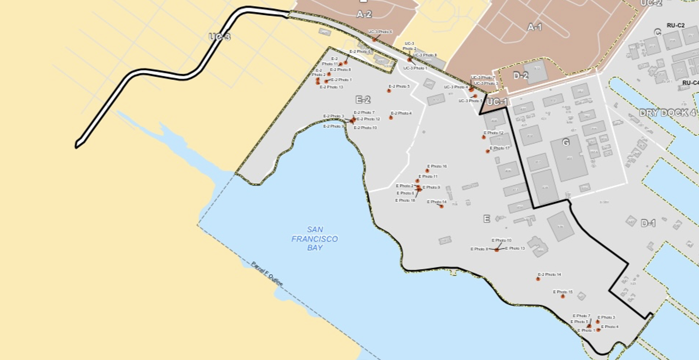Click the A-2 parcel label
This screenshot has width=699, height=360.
coord(364,14)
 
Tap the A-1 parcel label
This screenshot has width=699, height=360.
coord(535,28)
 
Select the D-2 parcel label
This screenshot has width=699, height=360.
coord(520,76)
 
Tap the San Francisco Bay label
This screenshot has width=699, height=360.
coord(315,239)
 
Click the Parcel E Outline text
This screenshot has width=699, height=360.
coord(267,275)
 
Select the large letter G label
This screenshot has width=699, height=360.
coord(566,143)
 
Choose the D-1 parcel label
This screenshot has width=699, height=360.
coord(648,223)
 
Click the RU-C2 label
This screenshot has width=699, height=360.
coord(676,25)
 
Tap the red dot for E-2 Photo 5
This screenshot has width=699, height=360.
coord(389,91)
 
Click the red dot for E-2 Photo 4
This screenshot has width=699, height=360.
coord(391,118)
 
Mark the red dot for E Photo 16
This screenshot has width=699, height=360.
coord(427,171)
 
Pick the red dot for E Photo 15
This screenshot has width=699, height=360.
coord(563,297)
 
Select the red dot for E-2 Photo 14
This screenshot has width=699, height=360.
coord(538,279)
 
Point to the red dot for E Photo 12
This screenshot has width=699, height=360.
coord(484,137)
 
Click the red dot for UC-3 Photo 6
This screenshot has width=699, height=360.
coord(374,40)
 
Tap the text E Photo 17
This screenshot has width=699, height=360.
coord(500,148)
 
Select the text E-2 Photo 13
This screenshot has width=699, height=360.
coord(332,87)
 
